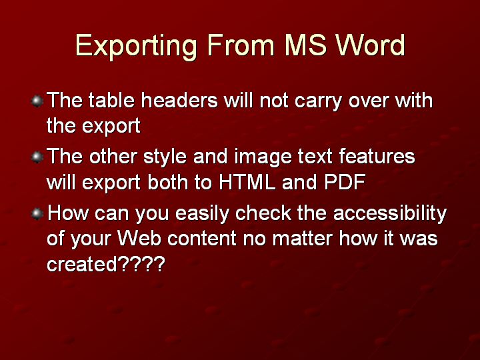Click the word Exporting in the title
pos(136,46)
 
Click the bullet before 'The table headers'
pos(37,101)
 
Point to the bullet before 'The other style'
pos(37,157)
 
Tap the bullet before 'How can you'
pos(37,213)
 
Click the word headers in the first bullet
pos(179,100)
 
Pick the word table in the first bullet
pos(112,100)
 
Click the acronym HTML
pos(247,182)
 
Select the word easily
pos(203,214)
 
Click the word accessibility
pos(390,214)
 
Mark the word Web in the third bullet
pos(139,238)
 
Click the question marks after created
pos(141,263)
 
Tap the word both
pos(167,182)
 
